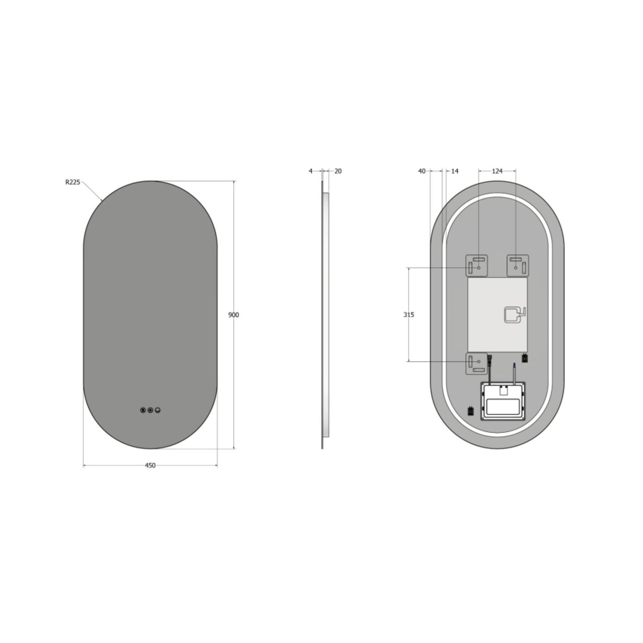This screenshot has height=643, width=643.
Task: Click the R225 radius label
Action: pos(73,182)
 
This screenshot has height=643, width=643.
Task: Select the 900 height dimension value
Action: pos(234,315)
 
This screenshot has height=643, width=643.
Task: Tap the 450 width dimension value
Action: pos(150,465)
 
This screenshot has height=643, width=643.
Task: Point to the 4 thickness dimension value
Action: pos(311,171)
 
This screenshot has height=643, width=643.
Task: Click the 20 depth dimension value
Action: pos(338,171)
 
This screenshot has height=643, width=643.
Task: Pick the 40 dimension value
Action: pos(422,171)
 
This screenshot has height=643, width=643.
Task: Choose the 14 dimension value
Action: pos(454,171)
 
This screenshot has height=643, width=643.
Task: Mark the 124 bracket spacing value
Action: pos(497,171)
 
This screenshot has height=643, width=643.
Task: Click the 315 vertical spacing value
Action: pos(408,315)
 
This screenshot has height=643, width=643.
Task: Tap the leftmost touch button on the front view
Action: pos(143,410)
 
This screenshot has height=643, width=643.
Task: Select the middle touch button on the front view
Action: pos(150,410)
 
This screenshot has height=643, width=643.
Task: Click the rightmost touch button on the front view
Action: pos(158,410)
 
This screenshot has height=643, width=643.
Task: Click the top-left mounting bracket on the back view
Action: pos(477,265)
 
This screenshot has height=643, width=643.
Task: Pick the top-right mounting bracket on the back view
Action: pos(518,265)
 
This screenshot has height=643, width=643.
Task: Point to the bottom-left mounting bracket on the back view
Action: pos(477,364)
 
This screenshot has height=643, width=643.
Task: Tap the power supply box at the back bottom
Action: pos(503,400)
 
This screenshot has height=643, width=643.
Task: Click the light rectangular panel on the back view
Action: pos(497,315)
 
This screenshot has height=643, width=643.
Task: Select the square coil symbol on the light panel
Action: pos(513,315)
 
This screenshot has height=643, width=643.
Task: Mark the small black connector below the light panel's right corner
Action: pos(525,358)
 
